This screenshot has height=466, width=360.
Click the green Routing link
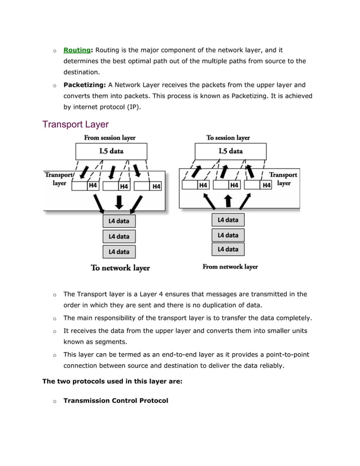pos(77,50)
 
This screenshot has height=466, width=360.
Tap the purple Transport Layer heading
pos(76,124)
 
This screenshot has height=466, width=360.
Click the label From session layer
pos(109,138)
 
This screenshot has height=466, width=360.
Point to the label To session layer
pos(228,138)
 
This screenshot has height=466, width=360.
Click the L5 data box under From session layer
pos(111,151)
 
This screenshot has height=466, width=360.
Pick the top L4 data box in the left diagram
pos(119,221)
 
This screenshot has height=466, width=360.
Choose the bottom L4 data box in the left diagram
pos(119,252)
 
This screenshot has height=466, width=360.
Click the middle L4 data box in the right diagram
pos(228,235)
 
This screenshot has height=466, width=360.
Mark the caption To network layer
pos(120,268)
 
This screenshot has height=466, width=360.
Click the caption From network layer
pos(230,266)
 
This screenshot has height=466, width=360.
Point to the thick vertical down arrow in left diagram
pos(119,201)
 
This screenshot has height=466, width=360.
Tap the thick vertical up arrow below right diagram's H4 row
pos(228,200)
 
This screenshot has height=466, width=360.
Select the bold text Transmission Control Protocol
pos(116,401)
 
